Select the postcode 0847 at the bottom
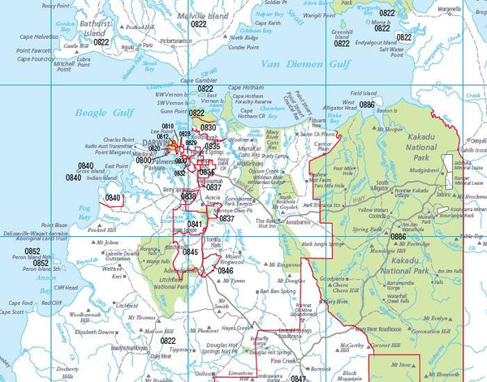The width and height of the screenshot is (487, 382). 299,378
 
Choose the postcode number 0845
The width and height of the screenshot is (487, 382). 190,252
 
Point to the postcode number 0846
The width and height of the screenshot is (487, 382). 225,270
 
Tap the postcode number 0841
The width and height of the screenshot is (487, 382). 195,224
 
